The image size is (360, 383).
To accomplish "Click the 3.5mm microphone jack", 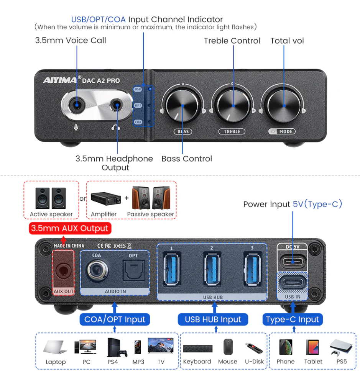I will pyautogui.click(x=77, y=104).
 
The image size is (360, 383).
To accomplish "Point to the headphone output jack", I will pyautogui.click(x=117, y=104).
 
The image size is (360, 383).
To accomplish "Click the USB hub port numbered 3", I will pyautogui.click(x=252, y=270).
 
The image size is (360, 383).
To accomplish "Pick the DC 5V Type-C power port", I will pyautogui.click(x=293, y=262).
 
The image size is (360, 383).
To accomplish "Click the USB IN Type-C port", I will pyautogui.click(x=293, y=283).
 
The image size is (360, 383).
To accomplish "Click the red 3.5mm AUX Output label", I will pyautogui.click(x=70, y=229).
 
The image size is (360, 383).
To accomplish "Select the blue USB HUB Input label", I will pyautogui.click(x=213, y=319).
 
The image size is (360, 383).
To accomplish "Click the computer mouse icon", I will pyautogui.click(x=228, y=347).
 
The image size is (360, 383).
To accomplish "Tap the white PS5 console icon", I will pyautogui.click(x=340, y=347).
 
